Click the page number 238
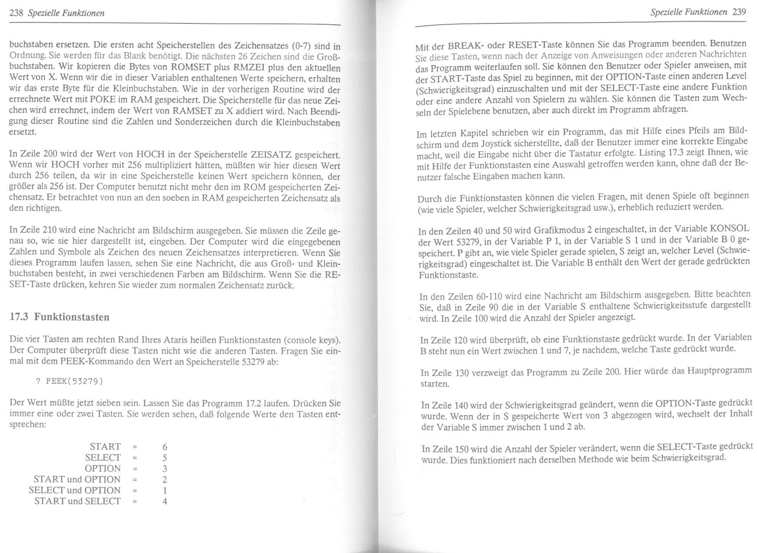[x=16, y=13]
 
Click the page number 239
[x=739, y=12]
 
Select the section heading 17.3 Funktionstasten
[x=59, y=317]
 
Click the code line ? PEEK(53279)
[x=69, y=381]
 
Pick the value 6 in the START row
[x=165, y=447]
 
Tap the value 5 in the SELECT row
[x=165, y=458]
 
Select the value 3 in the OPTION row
[x=165, y=469]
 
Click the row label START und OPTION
[x=77, y=479]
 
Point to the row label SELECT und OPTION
[x=75, y=490]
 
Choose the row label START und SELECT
[x=77, y=501]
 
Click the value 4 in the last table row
[x=165, y=501]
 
